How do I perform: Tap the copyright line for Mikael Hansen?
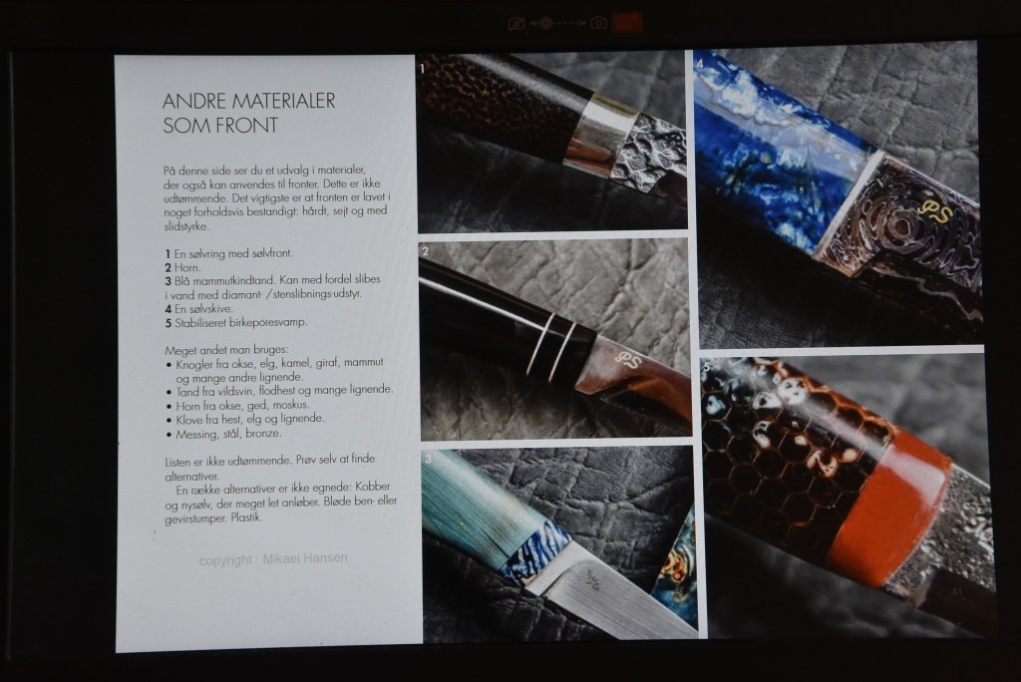tap(273, 559)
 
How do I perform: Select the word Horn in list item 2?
tap(187, 267)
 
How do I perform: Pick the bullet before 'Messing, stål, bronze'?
tap(169, 435)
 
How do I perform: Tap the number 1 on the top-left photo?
tap(423, 68)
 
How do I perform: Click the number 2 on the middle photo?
tap(425, 252)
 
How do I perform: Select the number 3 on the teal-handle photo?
tap(428, 460)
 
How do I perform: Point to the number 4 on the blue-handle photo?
tap(700, 64)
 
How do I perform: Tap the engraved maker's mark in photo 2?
tap(628, 359)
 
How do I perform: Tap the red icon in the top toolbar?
tap(626, 23)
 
